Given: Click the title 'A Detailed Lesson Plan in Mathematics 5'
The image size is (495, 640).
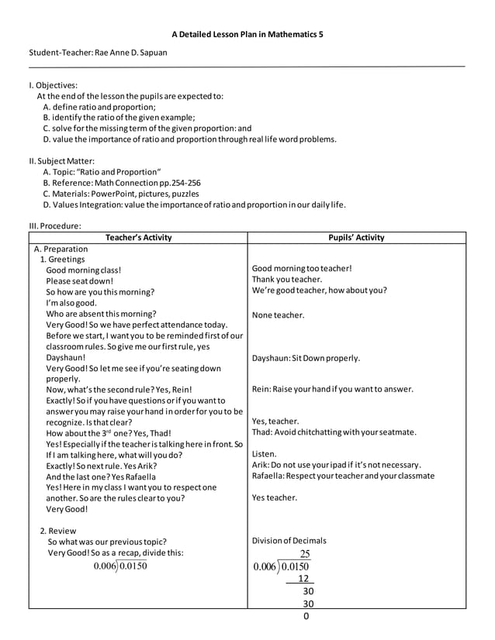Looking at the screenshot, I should point(247,35).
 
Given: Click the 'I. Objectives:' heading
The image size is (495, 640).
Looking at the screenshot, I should point(53,85).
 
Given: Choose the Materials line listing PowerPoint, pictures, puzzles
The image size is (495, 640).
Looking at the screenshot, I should point(121,194).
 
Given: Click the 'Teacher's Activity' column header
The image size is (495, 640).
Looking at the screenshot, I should point(138,238).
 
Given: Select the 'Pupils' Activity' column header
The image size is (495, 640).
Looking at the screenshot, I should point(356,238).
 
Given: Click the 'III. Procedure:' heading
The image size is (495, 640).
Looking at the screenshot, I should point(55,225).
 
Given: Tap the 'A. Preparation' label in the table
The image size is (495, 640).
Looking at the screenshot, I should point(61,249).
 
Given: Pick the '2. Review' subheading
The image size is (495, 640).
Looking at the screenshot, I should point(61,530).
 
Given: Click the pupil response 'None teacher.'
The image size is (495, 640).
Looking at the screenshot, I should point(279,315).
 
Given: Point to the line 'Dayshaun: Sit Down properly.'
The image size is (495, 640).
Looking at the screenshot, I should point(306,359).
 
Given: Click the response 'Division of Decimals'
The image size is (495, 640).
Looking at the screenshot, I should point(289,541).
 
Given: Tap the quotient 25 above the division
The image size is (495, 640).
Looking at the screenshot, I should point(305,553).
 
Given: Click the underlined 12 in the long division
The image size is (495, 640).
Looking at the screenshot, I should point(304,578).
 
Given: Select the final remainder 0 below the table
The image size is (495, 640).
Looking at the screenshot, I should point(306,616).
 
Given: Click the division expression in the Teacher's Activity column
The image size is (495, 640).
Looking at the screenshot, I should point(120,566).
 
